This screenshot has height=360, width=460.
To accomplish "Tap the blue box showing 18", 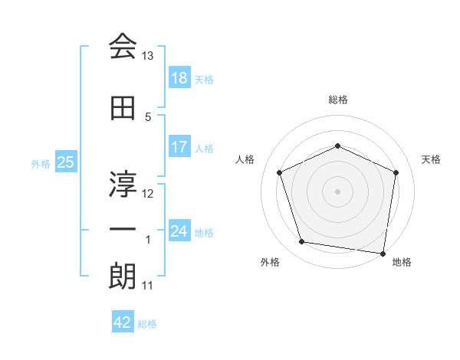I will click(179, 78).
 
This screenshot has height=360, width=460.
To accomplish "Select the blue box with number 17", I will click(179, 147).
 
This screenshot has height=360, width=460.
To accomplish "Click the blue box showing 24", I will click(179, 231).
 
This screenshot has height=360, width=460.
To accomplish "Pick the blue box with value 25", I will click(66, 162).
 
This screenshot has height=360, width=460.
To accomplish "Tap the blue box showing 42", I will click(123, 322).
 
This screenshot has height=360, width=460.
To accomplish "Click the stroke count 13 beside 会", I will click(148, 56).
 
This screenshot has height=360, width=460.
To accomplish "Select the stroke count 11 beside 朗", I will click(148, 286).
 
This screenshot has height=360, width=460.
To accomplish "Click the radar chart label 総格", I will click(337, 100).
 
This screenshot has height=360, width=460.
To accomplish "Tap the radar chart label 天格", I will click(432, 159).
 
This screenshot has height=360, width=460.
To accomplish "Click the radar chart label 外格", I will click(270, 263).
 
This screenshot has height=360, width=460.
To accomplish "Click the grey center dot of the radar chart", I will click(337, 191).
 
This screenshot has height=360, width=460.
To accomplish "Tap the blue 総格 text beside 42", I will click(147, 324).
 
